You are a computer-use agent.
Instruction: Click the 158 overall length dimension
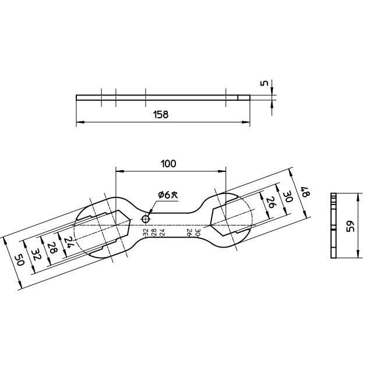click(x=161, y=115)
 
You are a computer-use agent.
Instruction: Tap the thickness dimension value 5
click(x=265, y=83)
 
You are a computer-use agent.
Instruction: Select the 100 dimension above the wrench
click(x=168, y=164)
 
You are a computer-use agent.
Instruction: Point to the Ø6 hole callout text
click(x=166, y=195)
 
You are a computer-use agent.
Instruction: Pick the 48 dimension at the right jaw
click(x=302, y=191)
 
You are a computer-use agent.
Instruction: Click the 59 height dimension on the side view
click(x=350, y=226)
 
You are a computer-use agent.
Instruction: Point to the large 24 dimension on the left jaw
click(x=69, y=242)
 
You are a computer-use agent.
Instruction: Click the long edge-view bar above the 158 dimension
click(x=163, y=97)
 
